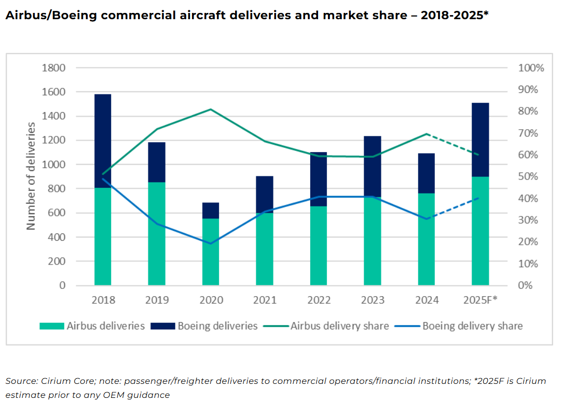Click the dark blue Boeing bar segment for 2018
coord(103,140)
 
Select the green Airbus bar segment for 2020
coord(211,252)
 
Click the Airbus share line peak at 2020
coord(211,109)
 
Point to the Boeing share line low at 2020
coord(211,243)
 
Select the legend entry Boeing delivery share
coord(472,326)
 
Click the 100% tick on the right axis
coord(531,68)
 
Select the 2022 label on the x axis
coord(319,300)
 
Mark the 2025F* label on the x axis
coord(480,300)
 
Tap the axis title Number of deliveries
coord(31,176)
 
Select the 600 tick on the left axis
coord(58,213)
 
